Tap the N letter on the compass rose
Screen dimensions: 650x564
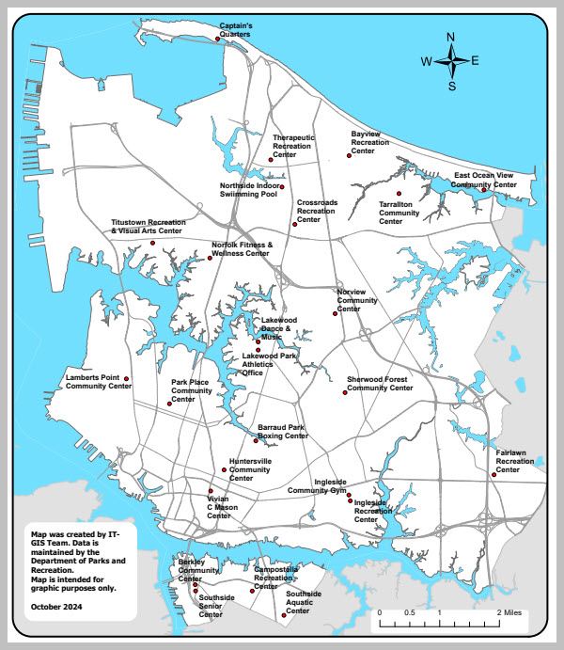click(x=450, y=38)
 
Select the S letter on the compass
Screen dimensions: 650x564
click(x=451, y=87)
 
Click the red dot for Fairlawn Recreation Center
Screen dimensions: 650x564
click(x=493, y=475)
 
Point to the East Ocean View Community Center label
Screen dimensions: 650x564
click(x=485, y=181)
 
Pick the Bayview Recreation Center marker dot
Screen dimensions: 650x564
click(x=354, y=160)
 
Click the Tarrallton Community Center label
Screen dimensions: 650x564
click(x=399, y=213)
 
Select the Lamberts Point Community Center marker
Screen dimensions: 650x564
click(x=127, y=379)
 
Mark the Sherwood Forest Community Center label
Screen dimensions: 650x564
click(x=380, y=383)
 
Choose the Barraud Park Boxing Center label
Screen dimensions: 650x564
click(x=283, y=432)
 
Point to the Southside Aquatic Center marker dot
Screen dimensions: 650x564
click(x=284, y=616)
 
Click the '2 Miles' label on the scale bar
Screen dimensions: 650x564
click(x=513, y=611)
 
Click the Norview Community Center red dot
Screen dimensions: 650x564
click(x=334, y=314)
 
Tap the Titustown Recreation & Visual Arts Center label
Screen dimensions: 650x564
click(x=147, y=227)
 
